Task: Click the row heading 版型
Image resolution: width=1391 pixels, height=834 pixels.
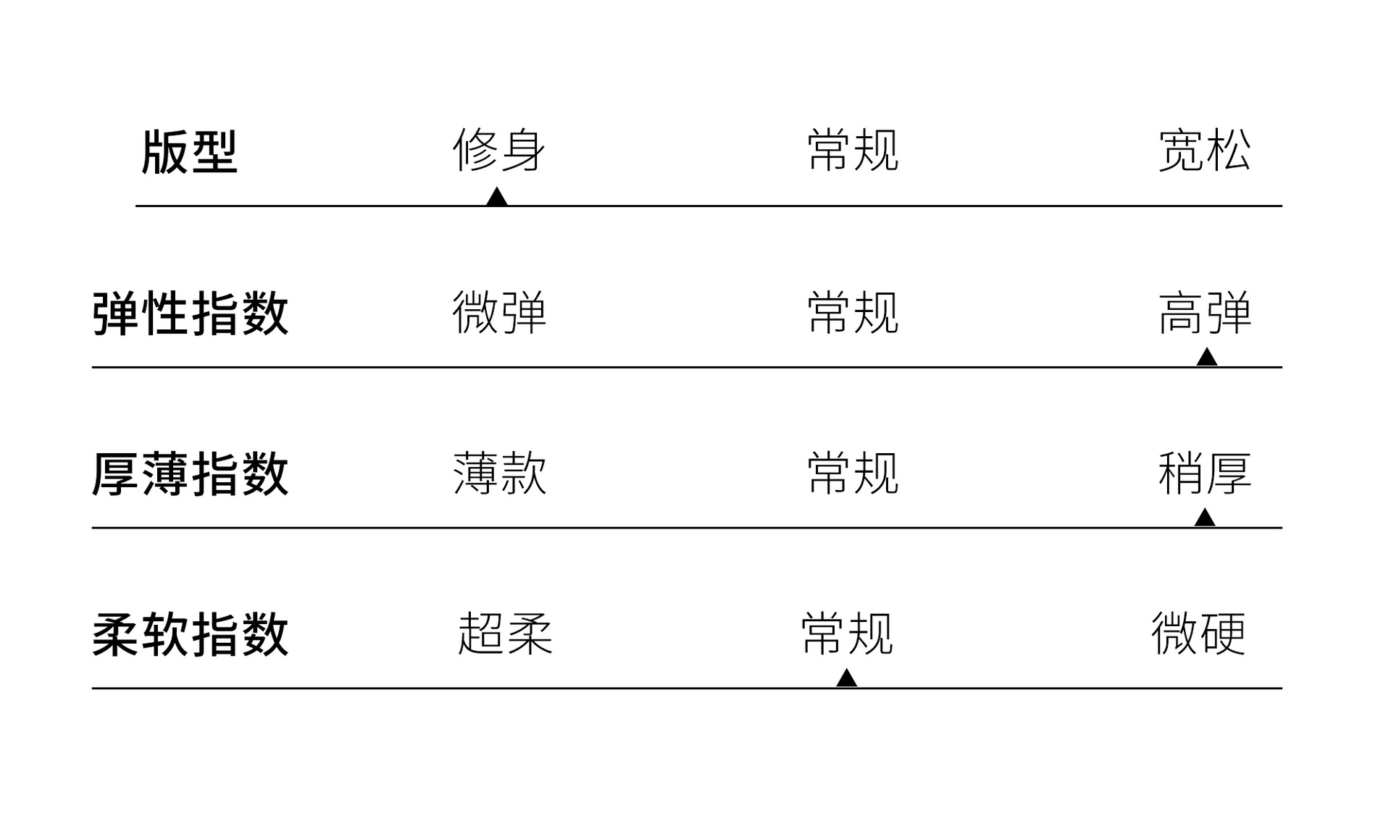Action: coord(189,152)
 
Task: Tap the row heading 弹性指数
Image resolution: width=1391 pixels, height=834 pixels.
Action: coord(191,313)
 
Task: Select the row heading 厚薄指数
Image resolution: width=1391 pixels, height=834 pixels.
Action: coord(191,474)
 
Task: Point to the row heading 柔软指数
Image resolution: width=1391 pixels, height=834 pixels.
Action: coord(191,635)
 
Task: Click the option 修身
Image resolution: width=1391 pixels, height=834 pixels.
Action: coord(499,151)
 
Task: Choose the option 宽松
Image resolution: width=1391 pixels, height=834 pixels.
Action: coord(1205,151)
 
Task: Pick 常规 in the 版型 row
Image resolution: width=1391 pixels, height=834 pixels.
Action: coord(853,151)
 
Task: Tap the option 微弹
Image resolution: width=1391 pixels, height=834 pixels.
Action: coord(499,313)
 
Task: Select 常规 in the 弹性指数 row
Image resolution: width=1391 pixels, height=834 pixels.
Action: coord(853,313)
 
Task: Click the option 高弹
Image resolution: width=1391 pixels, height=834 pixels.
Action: coord(1205,313)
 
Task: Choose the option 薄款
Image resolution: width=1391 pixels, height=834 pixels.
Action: coord(499,473)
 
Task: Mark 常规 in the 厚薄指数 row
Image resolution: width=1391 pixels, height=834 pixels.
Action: coord(853,473)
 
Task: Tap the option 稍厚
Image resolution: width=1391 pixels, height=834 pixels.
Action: coord(1205,473)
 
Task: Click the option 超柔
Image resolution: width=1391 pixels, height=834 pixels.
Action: coord(505,634)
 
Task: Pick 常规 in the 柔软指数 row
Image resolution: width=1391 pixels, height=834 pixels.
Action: coord(847,634)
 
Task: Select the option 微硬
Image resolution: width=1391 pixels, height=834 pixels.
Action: coord(1198,634)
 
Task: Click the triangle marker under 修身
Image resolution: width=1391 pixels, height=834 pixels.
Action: coord(496,198)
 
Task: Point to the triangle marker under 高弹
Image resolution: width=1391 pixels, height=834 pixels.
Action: coord(1206,358)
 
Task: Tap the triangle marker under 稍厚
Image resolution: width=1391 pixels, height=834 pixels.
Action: coord(1204,518)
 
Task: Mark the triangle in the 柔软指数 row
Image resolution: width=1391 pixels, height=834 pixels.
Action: coord(846,679)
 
